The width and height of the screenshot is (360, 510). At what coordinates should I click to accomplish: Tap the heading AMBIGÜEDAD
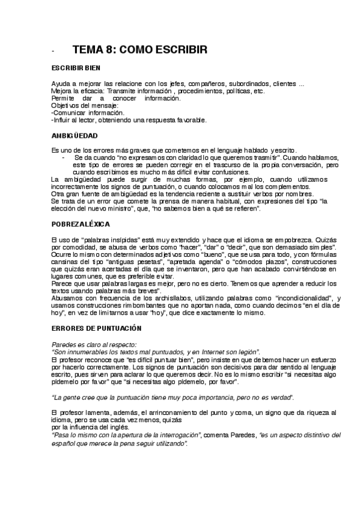(x=74, y=135)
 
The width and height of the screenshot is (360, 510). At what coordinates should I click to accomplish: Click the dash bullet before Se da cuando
(x=63, y=157)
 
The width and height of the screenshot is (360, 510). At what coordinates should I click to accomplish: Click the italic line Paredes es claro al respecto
(x=94, y=343)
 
